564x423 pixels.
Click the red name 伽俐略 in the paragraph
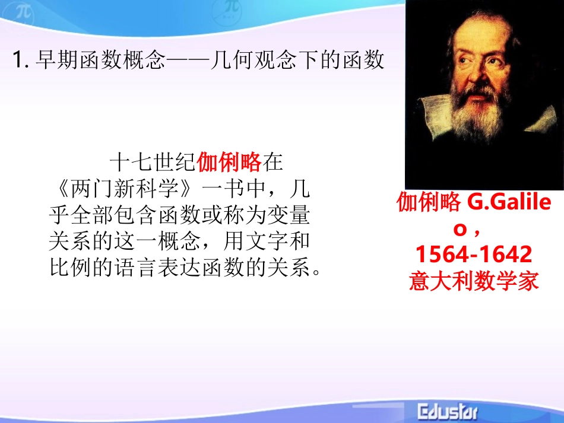point(229,161)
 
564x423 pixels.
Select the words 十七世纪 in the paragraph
point(153,161)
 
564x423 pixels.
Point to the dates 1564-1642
point(474,255)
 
